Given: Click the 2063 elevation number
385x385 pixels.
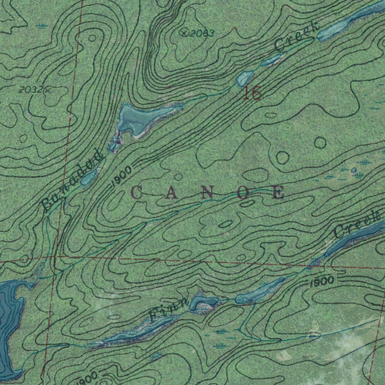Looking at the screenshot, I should click(202, 34).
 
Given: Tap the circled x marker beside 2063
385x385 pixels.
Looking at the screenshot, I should click(184, 33).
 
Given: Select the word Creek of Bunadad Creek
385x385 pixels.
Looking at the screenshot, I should click(297, 36).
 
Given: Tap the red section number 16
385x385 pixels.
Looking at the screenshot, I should click(252, 93).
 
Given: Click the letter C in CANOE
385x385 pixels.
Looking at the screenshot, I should click(136, 193).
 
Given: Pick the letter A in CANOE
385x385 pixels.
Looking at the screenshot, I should click(171, 193).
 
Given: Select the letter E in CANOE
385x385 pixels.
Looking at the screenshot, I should click(278, 193).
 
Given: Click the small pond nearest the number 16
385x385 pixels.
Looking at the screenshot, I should click(245, 78).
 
